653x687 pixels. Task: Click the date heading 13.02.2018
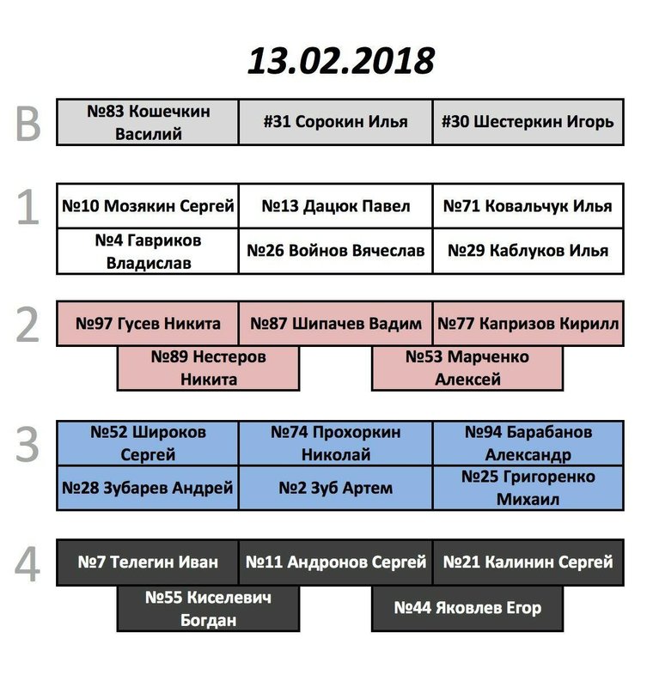coord(341,60)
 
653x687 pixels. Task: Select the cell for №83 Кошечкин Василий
coord(148,122)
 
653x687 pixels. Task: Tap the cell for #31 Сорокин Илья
coord(335,122)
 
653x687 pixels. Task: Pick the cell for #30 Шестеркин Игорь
coord(528,122)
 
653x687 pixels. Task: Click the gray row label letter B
coord(27,124)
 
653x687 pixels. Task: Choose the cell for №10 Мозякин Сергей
coord(148,206)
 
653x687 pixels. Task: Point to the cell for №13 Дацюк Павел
coord(335,206)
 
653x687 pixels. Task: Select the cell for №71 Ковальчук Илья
coord(528,206)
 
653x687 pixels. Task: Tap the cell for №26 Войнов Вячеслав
coord(335,251)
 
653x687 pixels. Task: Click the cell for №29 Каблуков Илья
coord(528,251)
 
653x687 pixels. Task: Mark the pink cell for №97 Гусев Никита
coord(148,324)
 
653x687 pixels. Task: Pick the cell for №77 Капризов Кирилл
coord(528,324)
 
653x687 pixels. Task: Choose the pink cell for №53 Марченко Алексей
coord(467,368)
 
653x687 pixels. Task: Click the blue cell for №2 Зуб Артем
coord(335,488)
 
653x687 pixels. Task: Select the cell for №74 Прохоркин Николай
coord(335,443)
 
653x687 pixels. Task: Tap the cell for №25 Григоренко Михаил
coord(528,488)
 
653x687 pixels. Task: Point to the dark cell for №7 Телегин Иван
coord(148,562)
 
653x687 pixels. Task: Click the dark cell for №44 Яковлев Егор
coord(467,608)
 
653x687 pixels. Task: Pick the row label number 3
coord(27,445)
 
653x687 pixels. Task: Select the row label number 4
coord(27,564)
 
